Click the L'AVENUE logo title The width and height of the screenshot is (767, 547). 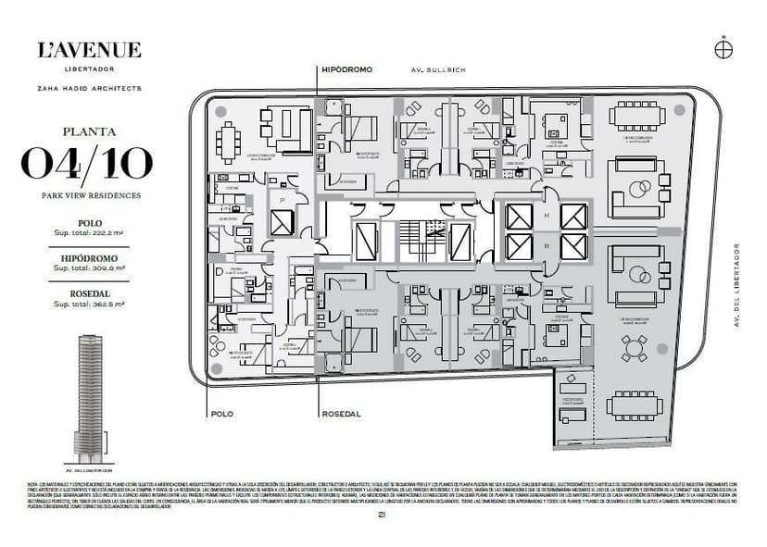89,50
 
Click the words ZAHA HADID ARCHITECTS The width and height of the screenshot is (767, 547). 89,88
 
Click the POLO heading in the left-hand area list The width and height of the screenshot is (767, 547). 89,223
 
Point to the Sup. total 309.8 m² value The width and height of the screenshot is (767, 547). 89,267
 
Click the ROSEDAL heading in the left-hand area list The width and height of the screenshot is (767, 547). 89,293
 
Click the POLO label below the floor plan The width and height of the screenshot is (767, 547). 221,414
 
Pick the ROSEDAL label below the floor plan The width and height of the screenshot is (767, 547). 342,414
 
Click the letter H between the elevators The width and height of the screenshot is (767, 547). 547,217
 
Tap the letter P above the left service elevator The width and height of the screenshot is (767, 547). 281,200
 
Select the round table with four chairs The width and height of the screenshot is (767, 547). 635,347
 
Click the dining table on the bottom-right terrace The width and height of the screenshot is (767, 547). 634,404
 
